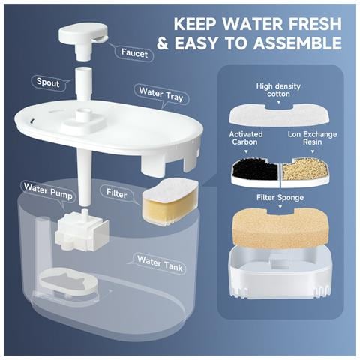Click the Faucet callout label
pyautogui.click(x=134, y=53)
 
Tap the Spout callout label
pyautogui.click(x=48, y=82)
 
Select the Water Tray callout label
pyautogui.click(x=161, y=94)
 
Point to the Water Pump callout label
pyautogui.click(x=48, y=191)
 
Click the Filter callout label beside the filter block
pyautogui.click(x=116, y=193)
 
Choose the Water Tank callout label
pyautogui.click(x=160, y=263)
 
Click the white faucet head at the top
pyautogui.click(x=83, y=40)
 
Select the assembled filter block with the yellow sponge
pyautogui.click(x=170, y=202)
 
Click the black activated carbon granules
pyautogui.click(x=256, y=169)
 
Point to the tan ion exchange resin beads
pyautogui.click(x=305, y=169)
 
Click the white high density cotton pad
pyautogui.click(x=279, y=115)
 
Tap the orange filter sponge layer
pyautogui.click(x=280, y=228)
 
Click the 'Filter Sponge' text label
pyautogui.click(x=280, y=198)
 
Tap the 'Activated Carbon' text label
pyautogui.click(x=246, y=138)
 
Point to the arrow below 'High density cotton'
pyautogui.click(x=279, y=102)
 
